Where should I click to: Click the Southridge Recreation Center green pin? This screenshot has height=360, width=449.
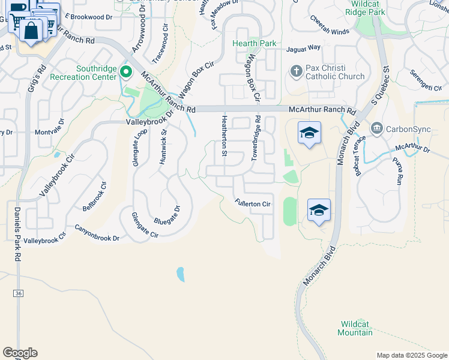click(x=126, y=73)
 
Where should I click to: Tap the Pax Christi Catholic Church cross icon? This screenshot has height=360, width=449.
click(x=295, y=71)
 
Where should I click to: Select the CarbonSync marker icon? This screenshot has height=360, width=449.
click(x=376, y=127)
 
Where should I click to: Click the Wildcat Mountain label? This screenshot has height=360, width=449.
click(x=355, y=328)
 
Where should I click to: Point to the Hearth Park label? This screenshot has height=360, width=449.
click(x=255, y=43)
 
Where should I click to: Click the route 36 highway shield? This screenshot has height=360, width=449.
click(x=19, y=293)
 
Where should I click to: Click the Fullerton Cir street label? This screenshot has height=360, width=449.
click(x=253, y=204)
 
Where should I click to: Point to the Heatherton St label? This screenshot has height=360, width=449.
click(x=224, y=136)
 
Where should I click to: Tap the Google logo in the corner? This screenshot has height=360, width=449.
click(x=20, y=353)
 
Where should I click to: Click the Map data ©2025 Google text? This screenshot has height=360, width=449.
click(x=411, y=355)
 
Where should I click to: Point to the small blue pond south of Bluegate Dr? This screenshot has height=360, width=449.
click(x=181, y=275)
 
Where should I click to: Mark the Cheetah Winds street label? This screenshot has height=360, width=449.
click(x=329, y=32)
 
